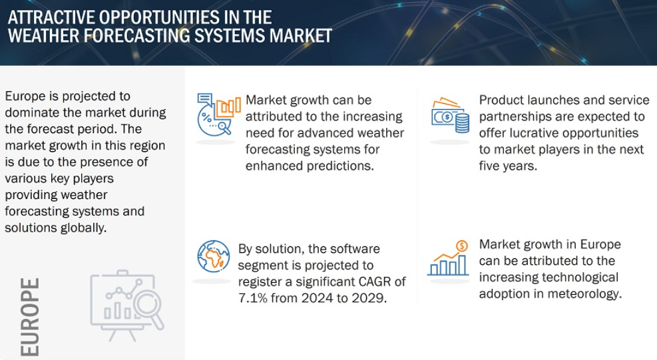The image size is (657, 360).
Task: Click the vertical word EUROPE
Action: click(30, 317)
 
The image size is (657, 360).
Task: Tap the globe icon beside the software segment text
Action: click(213, 256)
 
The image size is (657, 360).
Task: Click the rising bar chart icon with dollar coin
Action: click(448, 258)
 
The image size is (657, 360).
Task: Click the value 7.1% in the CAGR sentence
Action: click(253, 298)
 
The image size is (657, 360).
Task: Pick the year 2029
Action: click(369, 298)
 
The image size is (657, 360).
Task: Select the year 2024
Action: click(318, 298)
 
